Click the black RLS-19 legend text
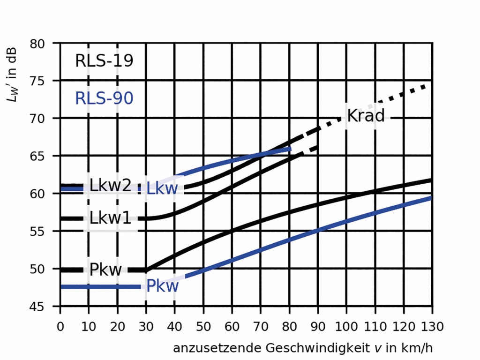coord(104,61)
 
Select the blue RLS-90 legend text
coord(104,98)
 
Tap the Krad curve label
coord(366,115)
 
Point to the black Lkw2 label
coord(110,186)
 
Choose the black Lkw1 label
coord(111,218)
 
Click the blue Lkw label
coord(162,189)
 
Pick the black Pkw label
coord(106,270)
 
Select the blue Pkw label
coord(162,286)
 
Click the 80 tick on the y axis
coord(45,43)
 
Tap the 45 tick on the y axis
coord(45,307)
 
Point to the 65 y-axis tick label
coord(45,156)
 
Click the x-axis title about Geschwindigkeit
coord(302,348)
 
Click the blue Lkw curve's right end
coord(290,149)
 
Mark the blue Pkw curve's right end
coord(431,197)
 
